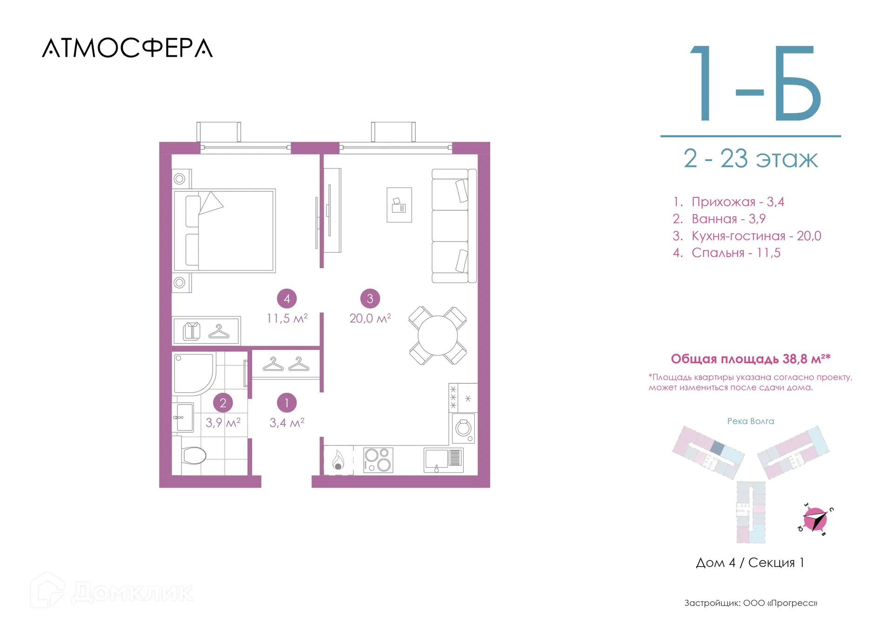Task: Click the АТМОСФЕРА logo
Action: (x=127, y=48)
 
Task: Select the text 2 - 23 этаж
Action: (x=750, y=159)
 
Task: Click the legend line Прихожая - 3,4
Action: (x=728, y=202)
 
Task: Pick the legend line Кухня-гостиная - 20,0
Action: (x=747, y=235)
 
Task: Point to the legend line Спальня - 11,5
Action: (x=726, y=253)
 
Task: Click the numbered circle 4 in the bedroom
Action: (x=287, y=299)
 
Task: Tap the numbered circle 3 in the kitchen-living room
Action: (x=370, y=299)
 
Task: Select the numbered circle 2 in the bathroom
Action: (x=223, y=403)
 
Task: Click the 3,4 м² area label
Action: (x=287, y=423)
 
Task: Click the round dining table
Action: (x=438, y=336)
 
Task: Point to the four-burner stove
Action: (x=378, y=460)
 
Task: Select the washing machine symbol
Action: (x=463, y=428)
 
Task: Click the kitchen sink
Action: (x=444, y=460)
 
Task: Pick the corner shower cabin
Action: (x=193, y=373)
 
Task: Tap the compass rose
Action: (x=815, y=519)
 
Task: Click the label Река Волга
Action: (x=751, y=421)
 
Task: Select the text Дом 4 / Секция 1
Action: (x=750, y=563)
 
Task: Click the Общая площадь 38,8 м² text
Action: (x=751, y=359)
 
